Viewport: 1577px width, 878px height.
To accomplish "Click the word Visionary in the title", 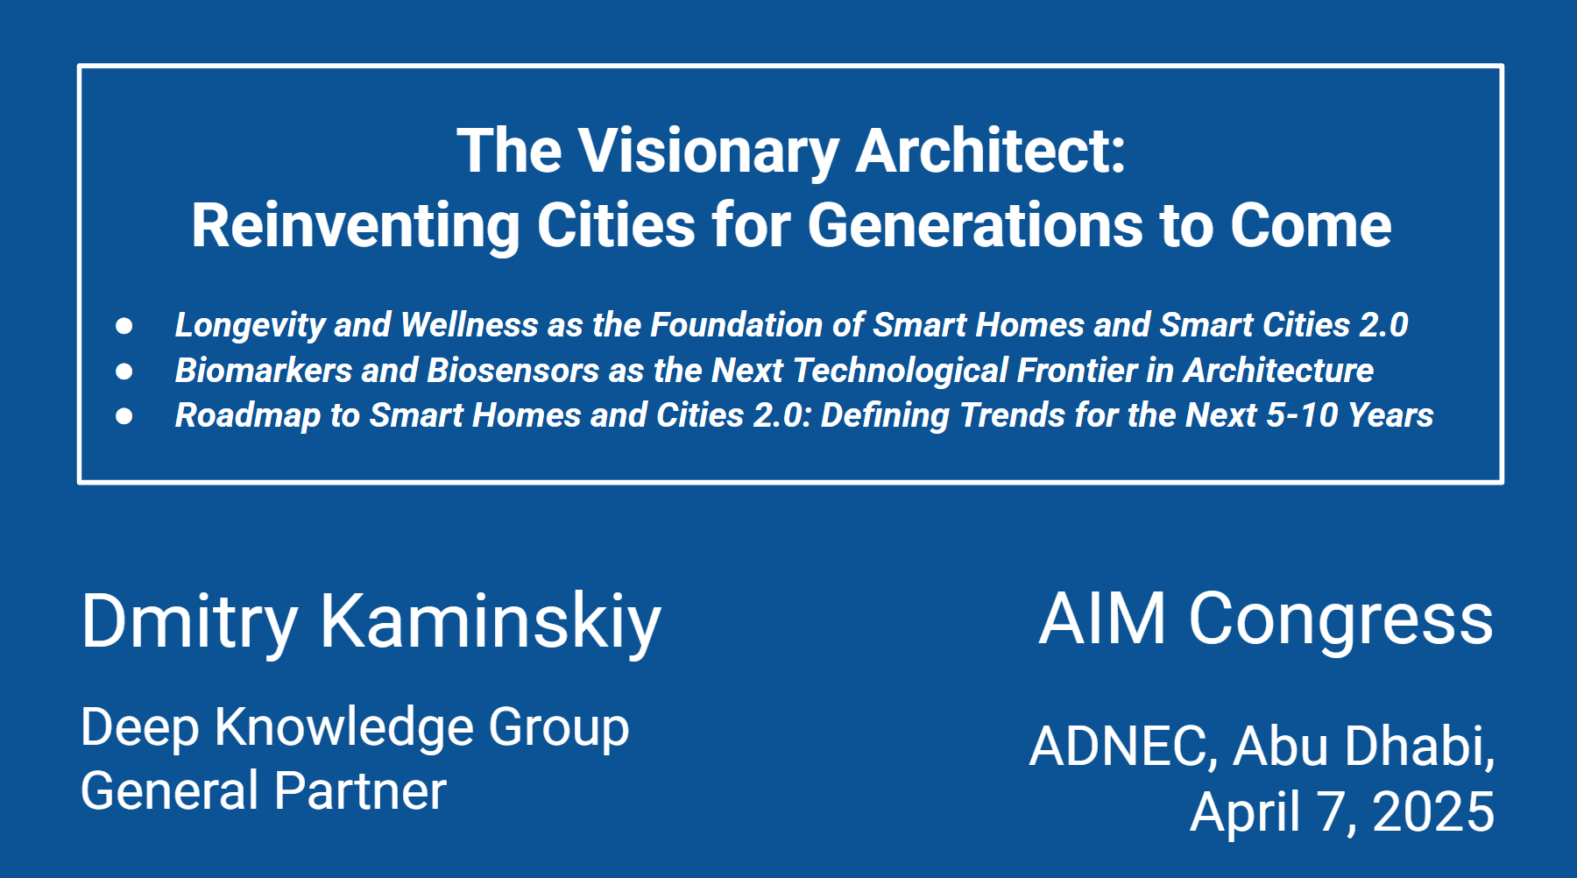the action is tap(710, 152).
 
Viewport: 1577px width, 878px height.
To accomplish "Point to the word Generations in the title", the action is tap(975, 226).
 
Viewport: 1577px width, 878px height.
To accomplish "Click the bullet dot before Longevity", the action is tap(124, 326).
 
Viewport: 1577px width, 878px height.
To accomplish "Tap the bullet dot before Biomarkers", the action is tap(124, 372).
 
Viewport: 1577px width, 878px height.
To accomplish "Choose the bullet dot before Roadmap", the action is tap(124, 416).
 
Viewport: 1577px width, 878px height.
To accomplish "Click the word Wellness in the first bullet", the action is tap(470, 325).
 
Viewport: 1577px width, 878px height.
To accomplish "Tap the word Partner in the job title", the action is tap(361, 791).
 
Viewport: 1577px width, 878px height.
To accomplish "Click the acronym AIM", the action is tap(1103, 619).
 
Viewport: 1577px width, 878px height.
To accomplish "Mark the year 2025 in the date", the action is tap(1433, 811).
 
